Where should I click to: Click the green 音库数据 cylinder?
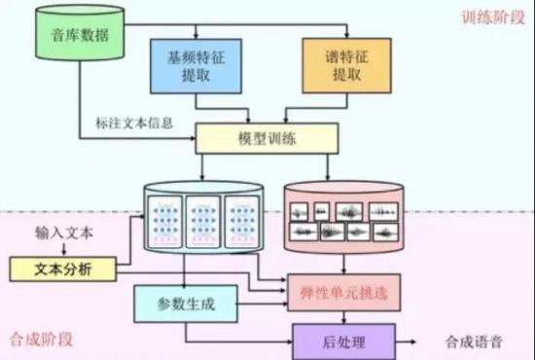point(80,33)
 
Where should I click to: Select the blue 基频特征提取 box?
point(196,66)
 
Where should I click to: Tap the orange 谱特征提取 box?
point(346,65)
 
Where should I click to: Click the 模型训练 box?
point(267,138)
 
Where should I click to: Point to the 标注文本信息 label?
point(134,124)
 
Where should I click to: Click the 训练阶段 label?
point(493,18)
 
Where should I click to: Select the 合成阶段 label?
point(41,340)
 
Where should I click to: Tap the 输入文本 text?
point(64,234)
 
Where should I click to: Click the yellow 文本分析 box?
point(63,270)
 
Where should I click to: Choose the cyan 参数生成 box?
point(186,304)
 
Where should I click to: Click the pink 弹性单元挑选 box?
point(344,293)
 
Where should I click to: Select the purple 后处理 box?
point(344,342)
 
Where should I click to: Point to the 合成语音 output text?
point(474,342)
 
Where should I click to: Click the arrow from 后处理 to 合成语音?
point(406,342)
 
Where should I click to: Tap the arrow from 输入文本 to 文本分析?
point(64,249)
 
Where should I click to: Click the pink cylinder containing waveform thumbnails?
point(344,218)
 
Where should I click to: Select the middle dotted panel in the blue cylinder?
point(203,222)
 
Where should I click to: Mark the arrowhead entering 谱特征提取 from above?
point(346,35)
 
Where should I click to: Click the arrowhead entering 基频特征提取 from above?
point(196,36)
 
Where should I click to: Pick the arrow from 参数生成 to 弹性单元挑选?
point(263,304)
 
